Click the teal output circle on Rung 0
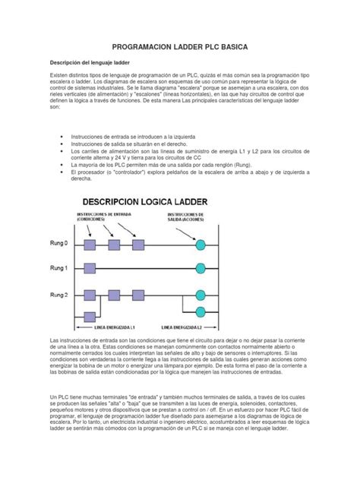coord(201,245)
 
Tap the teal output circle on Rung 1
coord(201,269)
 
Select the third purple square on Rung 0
coord(138,245)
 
